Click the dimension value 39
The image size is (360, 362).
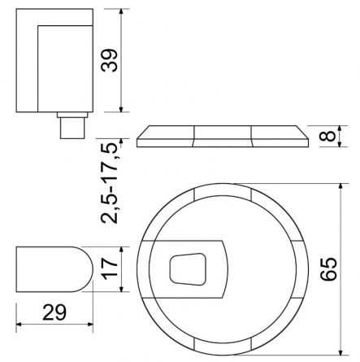point(109,60)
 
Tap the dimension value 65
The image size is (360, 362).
point(328,269)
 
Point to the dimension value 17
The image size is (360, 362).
point(110,269)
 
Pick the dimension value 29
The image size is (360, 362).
point(54,312)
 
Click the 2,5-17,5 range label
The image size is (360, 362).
point(110,184)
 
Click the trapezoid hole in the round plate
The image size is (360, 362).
point(188,269)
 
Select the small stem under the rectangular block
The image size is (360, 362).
point(72,128)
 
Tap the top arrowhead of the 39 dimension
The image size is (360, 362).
point(121,13)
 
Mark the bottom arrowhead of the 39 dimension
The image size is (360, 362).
point(121,108)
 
